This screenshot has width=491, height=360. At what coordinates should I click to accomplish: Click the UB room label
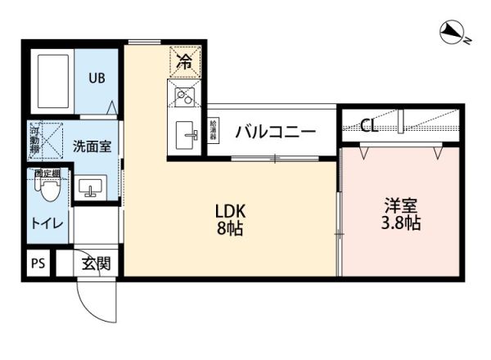97,79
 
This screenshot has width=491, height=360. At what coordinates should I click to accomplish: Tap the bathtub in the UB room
51,83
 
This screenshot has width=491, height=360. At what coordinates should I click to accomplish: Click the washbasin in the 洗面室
91,188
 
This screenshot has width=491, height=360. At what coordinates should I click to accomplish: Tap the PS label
38,263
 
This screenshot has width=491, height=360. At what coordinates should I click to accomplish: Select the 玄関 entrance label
96,263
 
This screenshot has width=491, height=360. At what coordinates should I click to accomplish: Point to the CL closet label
369,126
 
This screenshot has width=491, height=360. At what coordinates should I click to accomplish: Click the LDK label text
230,209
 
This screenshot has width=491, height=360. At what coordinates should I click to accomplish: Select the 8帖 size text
231,228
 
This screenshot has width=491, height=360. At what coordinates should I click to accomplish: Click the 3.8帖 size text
401,223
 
